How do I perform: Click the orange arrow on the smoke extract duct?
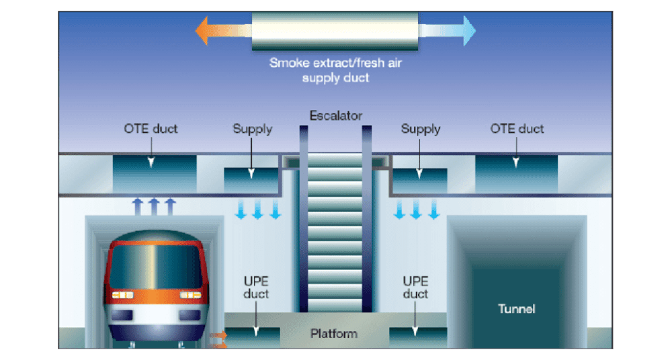[223, 30]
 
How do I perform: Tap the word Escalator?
[336, 116]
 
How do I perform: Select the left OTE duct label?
[151, 128]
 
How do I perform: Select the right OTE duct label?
[517, 128]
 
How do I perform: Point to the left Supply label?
[252, 129]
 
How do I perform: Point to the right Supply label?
[421, 129]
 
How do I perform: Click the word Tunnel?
[516, 308]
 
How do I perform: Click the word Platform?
[334, 333]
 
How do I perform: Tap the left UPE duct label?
[256, 287]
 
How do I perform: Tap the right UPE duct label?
[415, 287]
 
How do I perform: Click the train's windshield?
[156, 266]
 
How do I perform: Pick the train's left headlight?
[122, 296]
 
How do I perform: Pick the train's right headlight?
[190, 296]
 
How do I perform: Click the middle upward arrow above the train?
[154, 207]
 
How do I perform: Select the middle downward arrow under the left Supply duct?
[257, 209]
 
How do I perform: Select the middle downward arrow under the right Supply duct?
[416, 209]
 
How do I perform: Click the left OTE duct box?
[155, 173]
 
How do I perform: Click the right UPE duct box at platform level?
[418, 337]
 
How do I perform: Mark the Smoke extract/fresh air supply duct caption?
[335, 71]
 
